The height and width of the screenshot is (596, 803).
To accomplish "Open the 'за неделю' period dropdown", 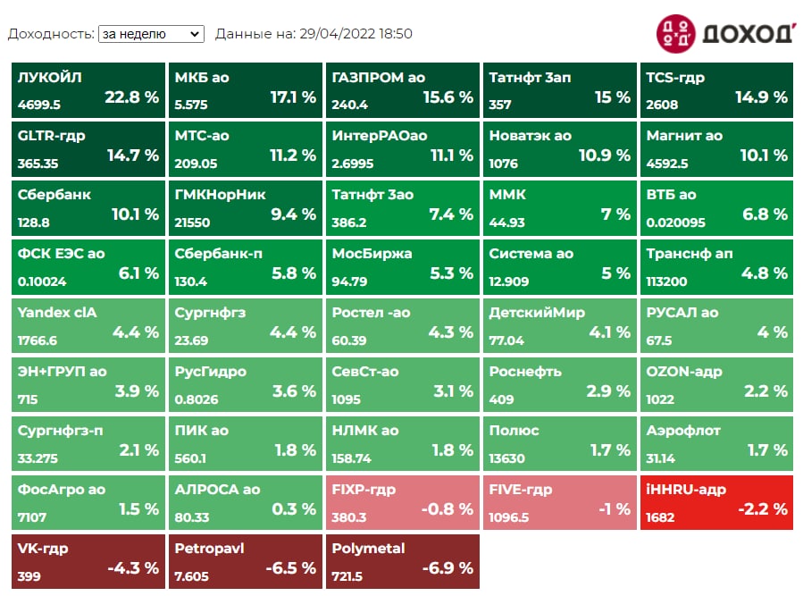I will coord(151,34).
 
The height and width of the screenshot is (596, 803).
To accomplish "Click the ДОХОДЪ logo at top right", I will coord(724,33).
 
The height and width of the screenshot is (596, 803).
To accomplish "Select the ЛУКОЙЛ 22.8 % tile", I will coord(88,90).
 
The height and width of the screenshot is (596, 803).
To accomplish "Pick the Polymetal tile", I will coord(402,560).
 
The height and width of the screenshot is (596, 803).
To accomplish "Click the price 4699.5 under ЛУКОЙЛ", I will coord(39,105).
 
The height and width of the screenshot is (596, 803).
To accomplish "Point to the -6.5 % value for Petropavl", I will coord(290,568).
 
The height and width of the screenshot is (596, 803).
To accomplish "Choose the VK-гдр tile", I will coord(88,560).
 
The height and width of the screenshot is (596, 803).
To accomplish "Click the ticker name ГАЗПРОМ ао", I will coord(378,78).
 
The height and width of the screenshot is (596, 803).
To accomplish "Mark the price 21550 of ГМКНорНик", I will coord(193,222).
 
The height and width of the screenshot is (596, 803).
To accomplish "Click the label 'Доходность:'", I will coord(51,34).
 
